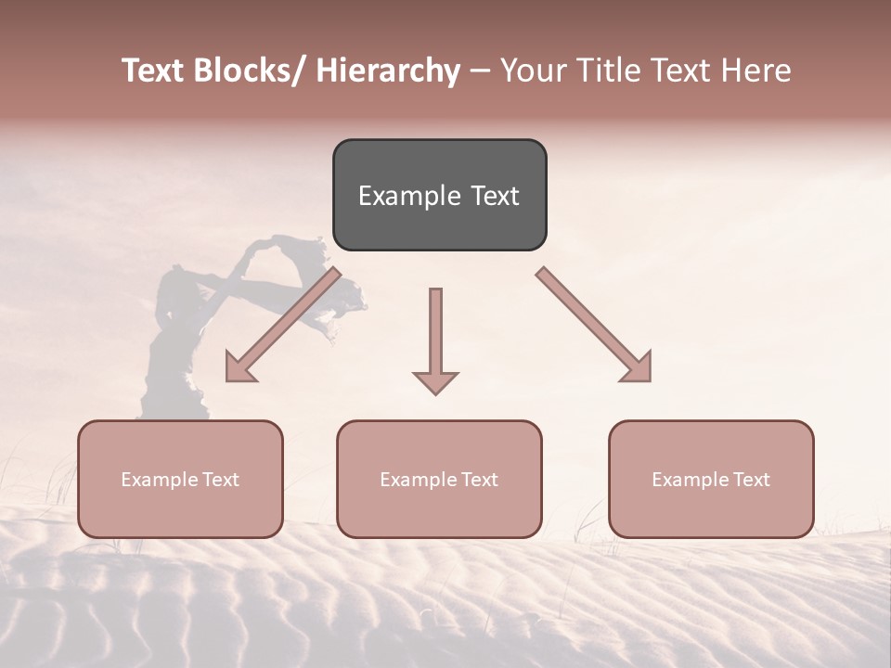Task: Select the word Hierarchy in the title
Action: point(388,71)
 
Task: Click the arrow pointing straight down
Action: point(435,334)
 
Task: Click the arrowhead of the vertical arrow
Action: point(435,381)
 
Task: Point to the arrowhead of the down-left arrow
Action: point(239,368)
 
